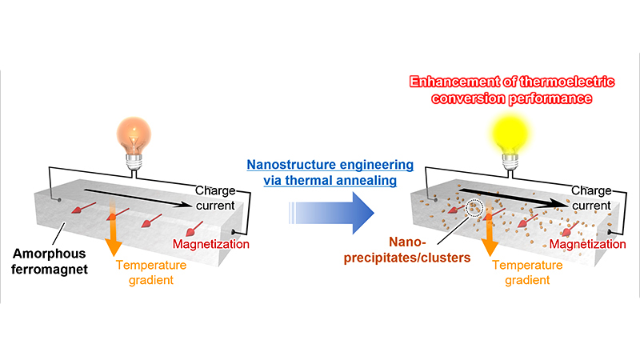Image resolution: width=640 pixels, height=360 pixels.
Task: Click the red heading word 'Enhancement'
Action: (450, 82)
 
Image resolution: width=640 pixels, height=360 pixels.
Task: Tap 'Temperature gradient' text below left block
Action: (149, 271)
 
